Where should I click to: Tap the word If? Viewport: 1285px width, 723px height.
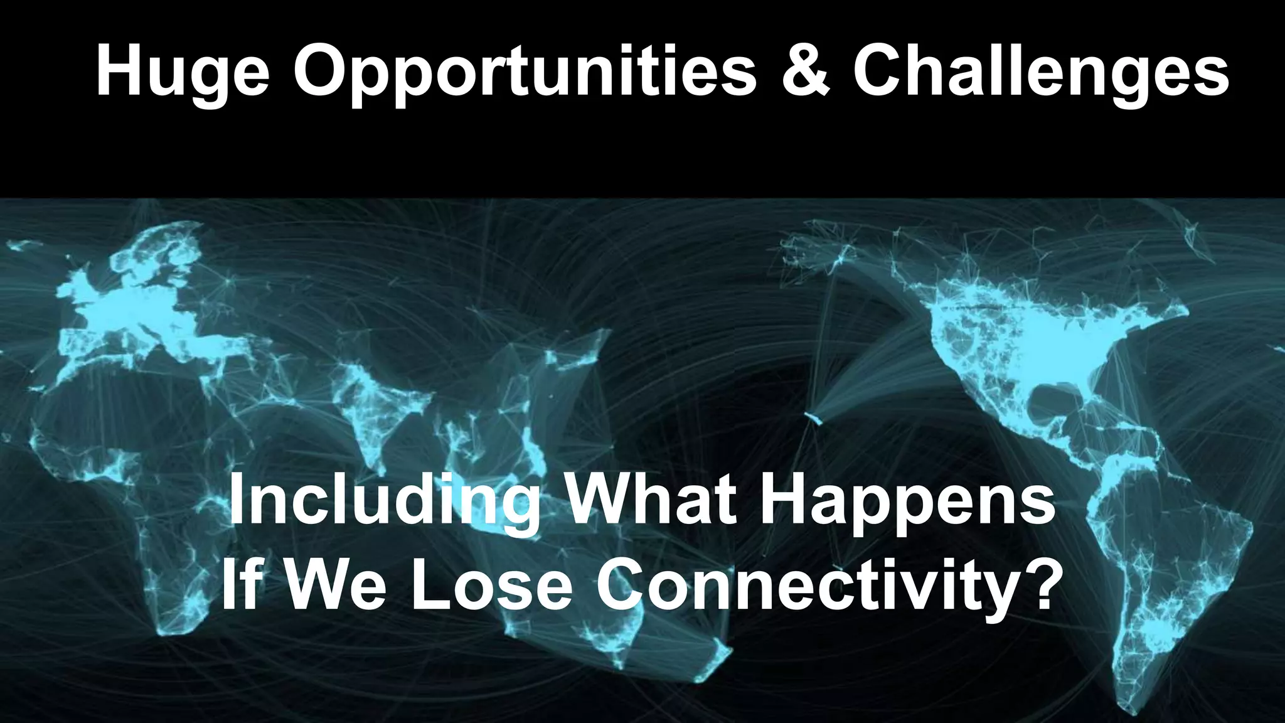(x=241, y=584)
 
